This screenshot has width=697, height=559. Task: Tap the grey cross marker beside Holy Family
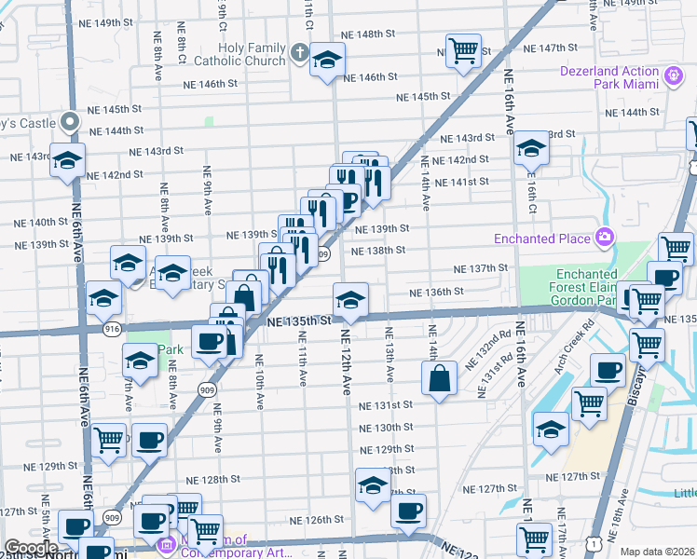coord(299,51)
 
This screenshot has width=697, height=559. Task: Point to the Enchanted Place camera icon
coord(606,239)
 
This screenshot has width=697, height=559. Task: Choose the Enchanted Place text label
coord(552,239)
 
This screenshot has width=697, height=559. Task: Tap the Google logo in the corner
coord(31,548)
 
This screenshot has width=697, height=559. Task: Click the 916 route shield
coord(113,329)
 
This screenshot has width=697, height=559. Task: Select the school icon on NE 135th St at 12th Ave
coord(350,300)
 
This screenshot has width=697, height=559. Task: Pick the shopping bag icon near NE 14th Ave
coord(439,378)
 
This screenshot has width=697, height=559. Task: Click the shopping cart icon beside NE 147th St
coord(463,50)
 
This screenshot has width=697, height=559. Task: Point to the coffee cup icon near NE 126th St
coord(408,511)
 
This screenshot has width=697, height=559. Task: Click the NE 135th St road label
coord(299,321)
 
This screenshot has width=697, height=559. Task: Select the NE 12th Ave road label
coord(346,361)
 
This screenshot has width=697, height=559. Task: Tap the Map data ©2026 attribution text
coord(657,552)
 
